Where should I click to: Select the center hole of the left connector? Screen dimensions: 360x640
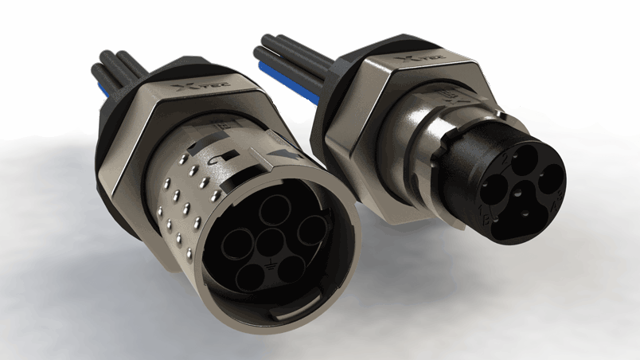click(x=271, y=242)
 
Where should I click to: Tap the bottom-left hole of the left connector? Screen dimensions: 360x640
click(x=252, y=277)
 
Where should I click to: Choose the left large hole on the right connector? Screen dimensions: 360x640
click(x=495, y=190)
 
